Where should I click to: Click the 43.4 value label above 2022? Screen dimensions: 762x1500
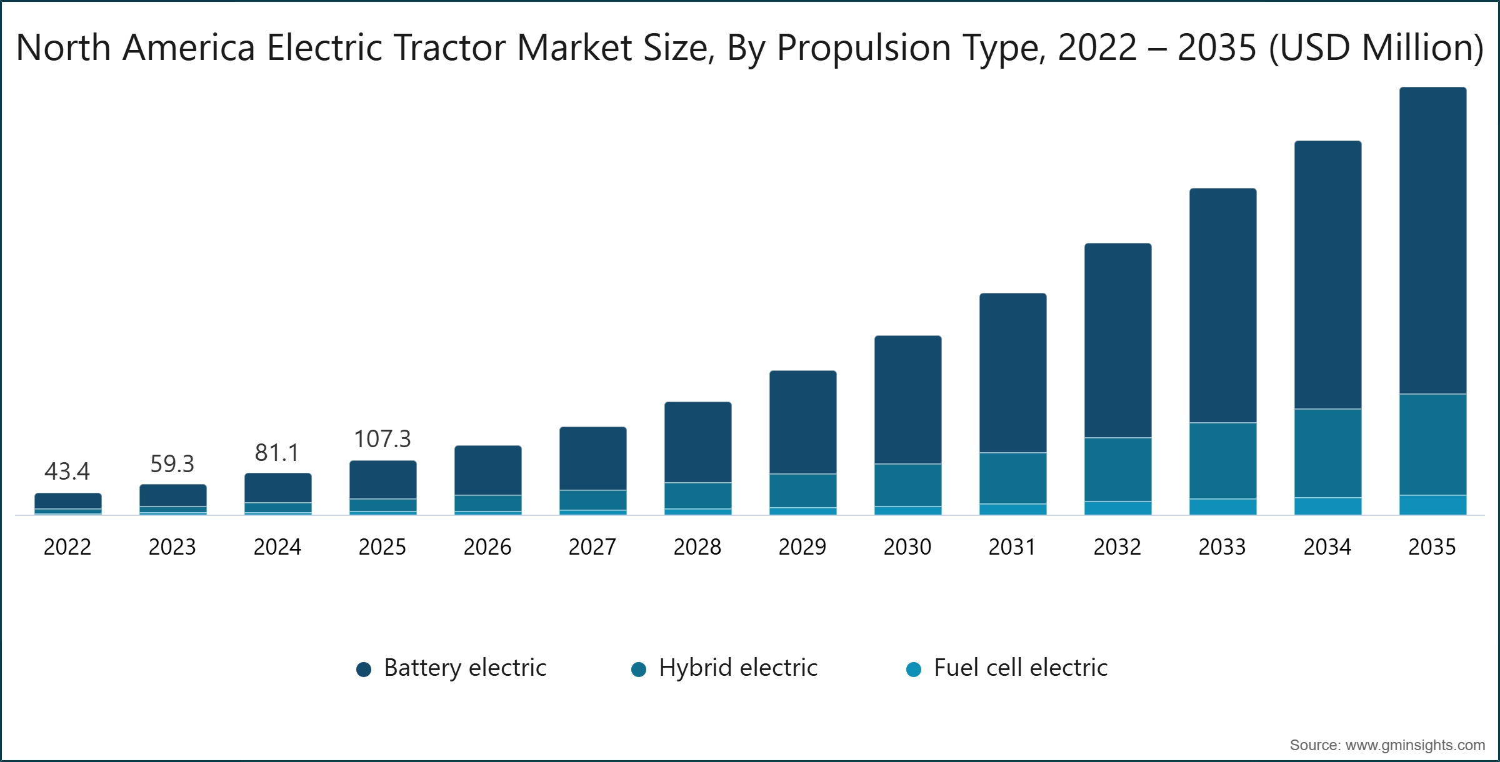pos(67,472)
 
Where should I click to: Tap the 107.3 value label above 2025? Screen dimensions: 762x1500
pos(382,439)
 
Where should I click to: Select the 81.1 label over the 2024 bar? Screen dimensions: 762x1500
pos(277,453)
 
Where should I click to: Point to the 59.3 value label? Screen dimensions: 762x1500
pos(172,464)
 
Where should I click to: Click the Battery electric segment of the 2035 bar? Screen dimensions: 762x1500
pos(1432,240)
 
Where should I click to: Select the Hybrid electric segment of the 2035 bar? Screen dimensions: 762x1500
pos(1432,444)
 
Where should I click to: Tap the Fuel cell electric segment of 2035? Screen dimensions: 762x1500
pos(1432,505)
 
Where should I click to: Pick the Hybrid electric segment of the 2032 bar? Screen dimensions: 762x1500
pos(1117,469)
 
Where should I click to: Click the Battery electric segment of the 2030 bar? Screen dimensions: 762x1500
pos(907,400)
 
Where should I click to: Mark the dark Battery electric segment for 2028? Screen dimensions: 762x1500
pos(697,442)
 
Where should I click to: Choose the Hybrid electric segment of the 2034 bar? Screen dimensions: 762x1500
pos(1327,453)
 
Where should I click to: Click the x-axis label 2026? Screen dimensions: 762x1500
pos(487,547)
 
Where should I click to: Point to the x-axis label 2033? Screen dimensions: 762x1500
pos(1222,547)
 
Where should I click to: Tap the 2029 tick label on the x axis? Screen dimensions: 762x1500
pos(802,547)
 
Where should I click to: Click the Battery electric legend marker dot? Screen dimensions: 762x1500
pos(364,670)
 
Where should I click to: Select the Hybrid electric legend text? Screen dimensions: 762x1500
pos(737,668)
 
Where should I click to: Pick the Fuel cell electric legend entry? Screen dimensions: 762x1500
pos(1020,668)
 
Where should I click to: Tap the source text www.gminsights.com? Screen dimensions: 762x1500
pos(1415,745)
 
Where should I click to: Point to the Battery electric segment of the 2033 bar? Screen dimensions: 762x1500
pos(1222,305)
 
